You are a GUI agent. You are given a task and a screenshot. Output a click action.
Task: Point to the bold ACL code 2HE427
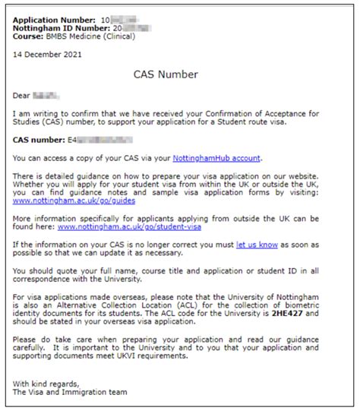pos(308,313)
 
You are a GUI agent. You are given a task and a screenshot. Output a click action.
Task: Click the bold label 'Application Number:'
pos(52,18)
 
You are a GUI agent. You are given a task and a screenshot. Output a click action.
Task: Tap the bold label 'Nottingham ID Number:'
pos(57,27)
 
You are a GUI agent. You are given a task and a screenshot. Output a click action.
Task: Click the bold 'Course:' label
pos(29,36)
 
